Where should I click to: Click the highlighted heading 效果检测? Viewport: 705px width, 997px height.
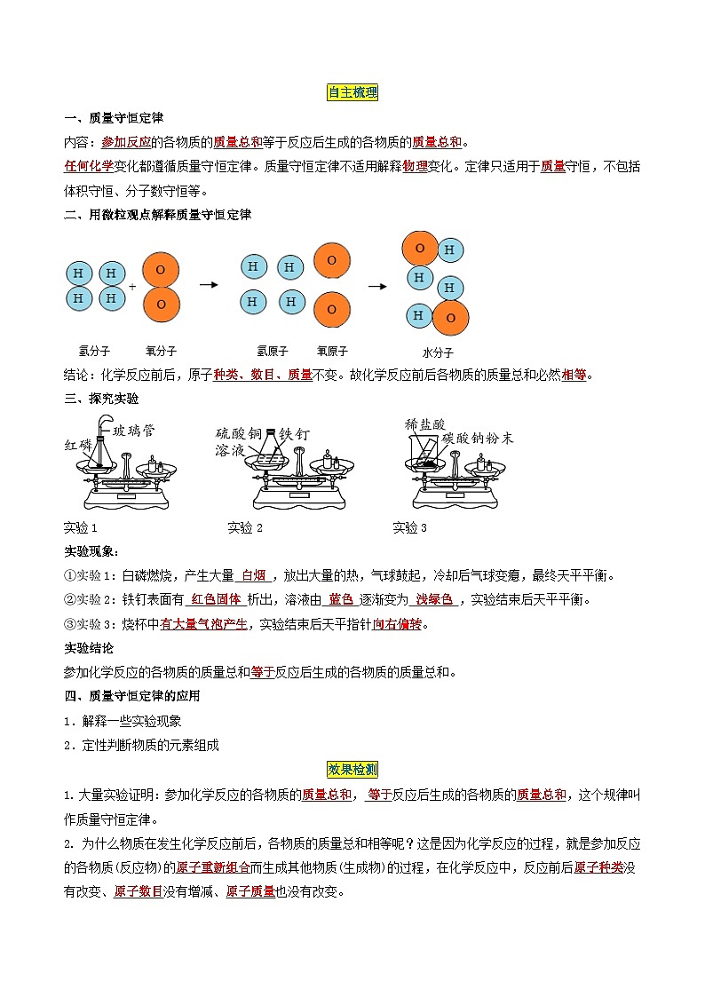pos(353,770)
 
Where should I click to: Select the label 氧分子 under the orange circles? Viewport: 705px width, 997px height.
pos(161,351)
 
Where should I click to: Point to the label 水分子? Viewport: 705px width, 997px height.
pos(438,352)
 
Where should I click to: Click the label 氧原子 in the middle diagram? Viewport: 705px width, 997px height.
pos(332,351)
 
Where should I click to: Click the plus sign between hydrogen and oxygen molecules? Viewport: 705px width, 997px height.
pos(132,288)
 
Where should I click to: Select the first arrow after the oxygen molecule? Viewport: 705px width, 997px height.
pos(209,285)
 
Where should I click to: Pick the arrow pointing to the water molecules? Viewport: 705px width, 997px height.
pos(377,286)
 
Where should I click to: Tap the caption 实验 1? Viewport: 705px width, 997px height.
pos(82,528)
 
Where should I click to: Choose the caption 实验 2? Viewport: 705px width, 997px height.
pos(246,528)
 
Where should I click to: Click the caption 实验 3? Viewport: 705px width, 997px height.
pos(410,528)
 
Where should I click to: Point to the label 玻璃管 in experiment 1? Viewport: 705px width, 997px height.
pos(134,431)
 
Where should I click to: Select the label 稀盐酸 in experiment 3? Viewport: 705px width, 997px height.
pos(425,424)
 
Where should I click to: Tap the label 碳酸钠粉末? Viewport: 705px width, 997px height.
pos(478,439)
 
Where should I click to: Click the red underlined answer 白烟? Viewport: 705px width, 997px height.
pos(255,576)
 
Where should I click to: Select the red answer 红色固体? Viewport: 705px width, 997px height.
pos(217,600)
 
